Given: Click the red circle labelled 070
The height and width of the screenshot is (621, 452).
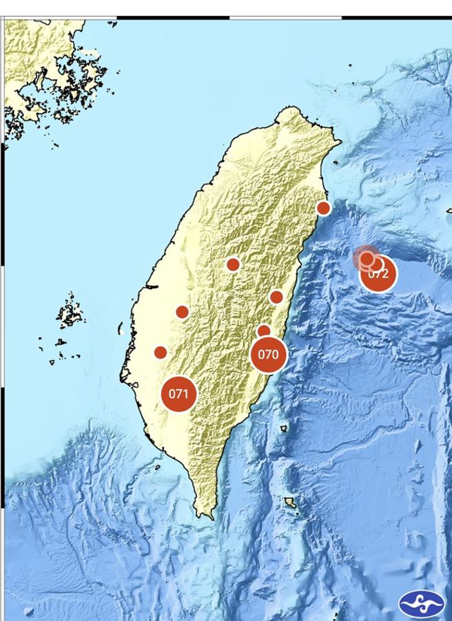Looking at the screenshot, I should pyautogui.click(x=268, y=355).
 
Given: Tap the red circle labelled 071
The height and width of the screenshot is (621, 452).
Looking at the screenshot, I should pyautogui.click(x=178, y=394).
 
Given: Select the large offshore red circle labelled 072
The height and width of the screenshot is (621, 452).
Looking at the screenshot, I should pyautogui.click(x=378, y=273).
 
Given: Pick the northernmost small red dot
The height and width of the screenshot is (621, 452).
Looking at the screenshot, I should pyautogui.click(x=323, y=208).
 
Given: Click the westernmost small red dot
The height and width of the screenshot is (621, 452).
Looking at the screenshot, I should pyautogui.click(x=160, y=352).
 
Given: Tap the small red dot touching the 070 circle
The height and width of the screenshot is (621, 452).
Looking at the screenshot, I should pyautogui.click(x=264, y=331).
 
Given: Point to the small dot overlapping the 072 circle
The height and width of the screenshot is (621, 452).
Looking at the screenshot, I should pyautogui.click(x=368, y=258).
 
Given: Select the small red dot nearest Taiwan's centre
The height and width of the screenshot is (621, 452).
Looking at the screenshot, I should pyautogui.click(x=233, y=264).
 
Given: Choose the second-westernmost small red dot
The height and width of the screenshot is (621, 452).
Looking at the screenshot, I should pyautogui.click(x=182, y=312).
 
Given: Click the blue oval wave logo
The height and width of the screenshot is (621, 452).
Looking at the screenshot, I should pyautogui.click(x=421, y=604).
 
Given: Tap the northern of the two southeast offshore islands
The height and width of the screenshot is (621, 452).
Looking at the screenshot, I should pyautogui.click(x=283, y=428).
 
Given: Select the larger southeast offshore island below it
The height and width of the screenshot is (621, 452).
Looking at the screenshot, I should pyautogui.click(x=291, y=503).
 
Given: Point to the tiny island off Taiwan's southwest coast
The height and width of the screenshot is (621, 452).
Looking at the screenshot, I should pyautogui.click(x=157, y=467).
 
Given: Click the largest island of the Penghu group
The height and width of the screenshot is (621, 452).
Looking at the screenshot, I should pyautogui.click(x=70, y=314).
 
